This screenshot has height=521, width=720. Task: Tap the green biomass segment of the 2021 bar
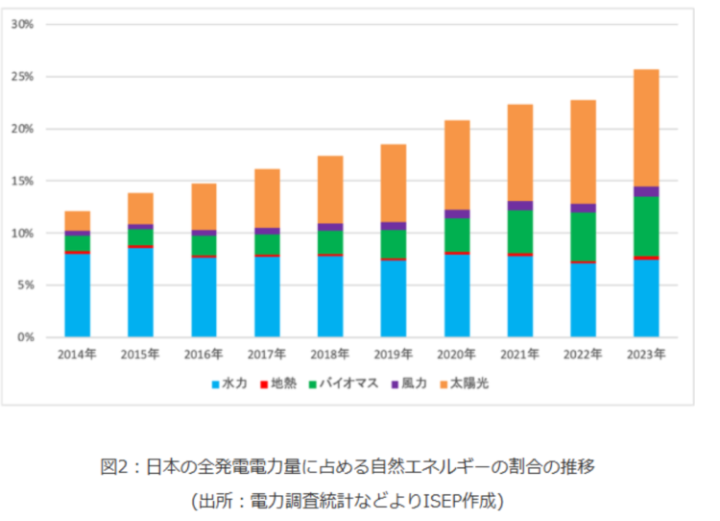[520, 232]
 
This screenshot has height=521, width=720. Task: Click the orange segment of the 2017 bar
[267, 198]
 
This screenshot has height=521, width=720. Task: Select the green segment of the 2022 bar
[583, 236]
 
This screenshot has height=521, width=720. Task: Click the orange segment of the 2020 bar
[457, 164]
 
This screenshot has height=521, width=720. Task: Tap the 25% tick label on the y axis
[22, 76]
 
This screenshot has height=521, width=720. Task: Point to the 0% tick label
[25, 337]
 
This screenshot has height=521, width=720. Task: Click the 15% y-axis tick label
[22, 181]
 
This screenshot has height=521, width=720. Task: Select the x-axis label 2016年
[204, 354]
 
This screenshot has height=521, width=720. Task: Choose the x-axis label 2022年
[583, 354]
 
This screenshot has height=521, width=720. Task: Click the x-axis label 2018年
[330, 354]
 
